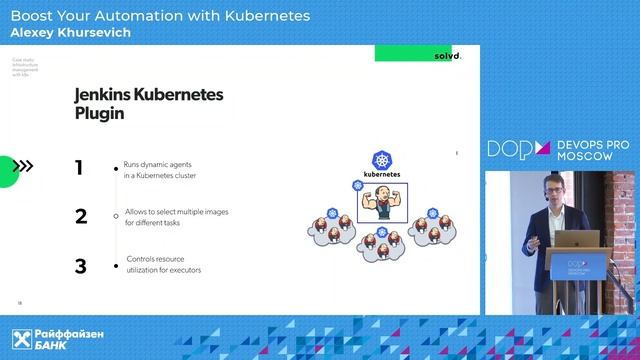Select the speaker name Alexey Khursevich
pyautogui.click(x=70, y=33)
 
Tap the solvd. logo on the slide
pyautogui.click(x=447, y=56)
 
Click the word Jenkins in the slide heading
pyautogui.click(x=114, y=96)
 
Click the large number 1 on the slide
pyautogui.click(x=79, y=167)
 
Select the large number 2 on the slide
pyautogui.click(x=80, y=216)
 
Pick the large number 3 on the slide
pyautogui.click(x=80, y=266)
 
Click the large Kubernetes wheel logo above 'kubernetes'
pyautogui.click(x=381, y=160)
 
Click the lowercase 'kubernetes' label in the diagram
pyautogui.click(x=381, y=174)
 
